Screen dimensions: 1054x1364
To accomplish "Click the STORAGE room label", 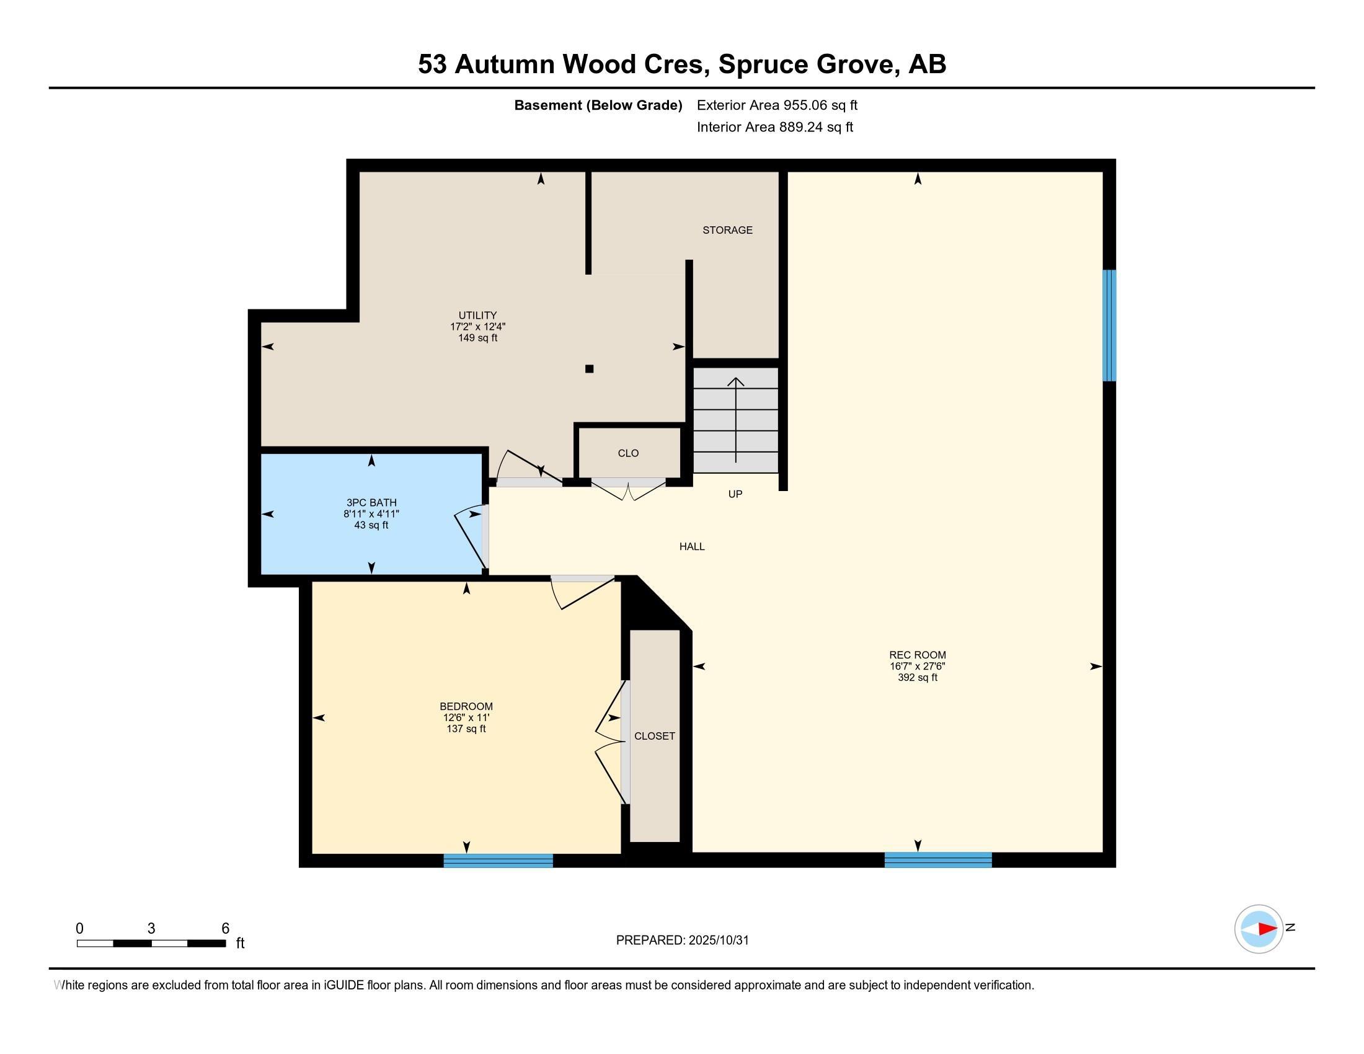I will point(727,230).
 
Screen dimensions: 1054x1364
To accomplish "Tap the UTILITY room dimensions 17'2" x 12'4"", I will point(477,327).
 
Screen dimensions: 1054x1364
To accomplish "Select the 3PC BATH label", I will point(371,503).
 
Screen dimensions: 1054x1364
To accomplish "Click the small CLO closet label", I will point(627,453).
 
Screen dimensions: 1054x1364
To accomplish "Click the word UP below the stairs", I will point(735,494).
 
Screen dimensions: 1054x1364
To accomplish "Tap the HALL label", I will point(691,546).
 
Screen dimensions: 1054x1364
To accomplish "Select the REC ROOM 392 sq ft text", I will point(917,678).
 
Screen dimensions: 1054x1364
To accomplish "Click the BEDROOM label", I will point(466,706).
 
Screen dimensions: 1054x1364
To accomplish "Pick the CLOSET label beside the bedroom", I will point(654,736).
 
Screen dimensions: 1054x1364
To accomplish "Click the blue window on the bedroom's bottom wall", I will point(498,861).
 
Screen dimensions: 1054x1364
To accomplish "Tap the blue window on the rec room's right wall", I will point(1109,325).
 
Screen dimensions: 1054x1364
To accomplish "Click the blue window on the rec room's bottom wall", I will point(937,860).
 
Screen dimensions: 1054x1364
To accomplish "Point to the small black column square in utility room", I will point(589,369).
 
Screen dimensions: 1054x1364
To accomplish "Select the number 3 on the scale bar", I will point(151,929).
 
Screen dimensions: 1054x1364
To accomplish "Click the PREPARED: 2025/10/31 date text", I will point(682,941).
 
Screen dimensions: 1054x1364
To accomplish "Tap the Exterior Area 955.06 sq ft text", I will point(776,105).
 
